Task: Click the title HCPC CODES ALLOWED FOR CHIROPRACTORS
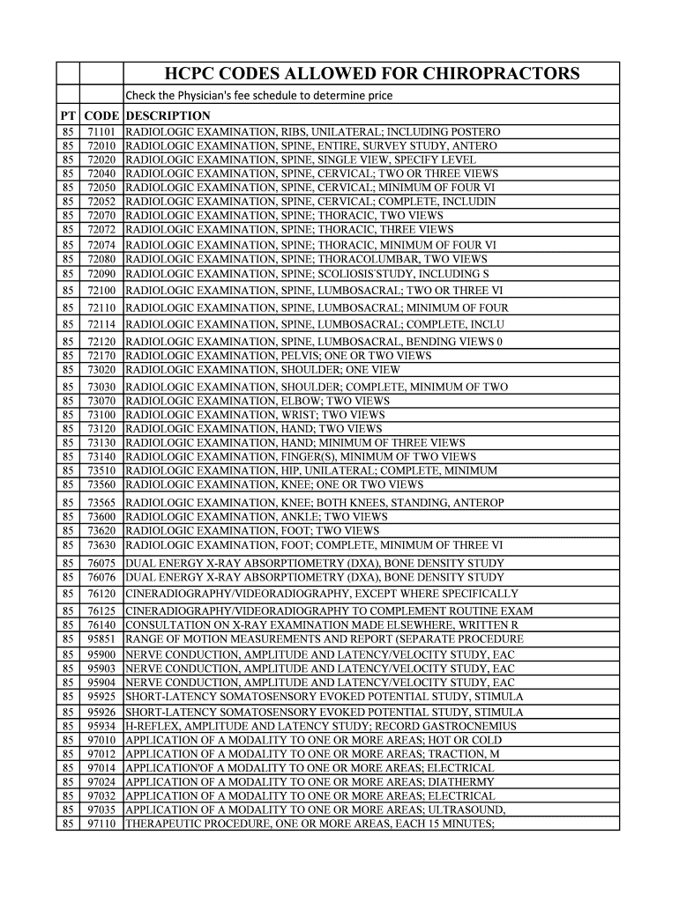coord(372,73)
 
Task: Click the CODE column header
coord(101,116)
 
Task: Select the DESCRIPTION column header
coord(168,116)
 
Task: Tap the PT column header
coord(68,116)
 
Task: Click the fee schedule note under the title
coord(258,95)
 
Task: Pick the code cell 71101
coord(101,131)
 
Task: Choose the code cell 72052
coord(101,202)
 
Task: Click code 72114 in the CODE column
coord(101,324)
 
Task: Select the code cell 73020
coord(101,370)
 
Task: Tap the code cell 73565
coord(101,503)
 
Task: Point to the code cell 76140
coord(101,625)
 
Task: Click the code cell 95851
coord(101,639)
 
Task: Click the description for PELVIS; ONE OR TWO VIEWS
coord(279,356)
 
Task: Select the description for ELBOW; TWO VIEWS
coord(257,401)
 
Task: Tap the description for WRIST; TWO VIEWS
coord(256,415)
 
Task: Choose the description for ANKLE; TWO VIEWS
coord(257,517)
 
